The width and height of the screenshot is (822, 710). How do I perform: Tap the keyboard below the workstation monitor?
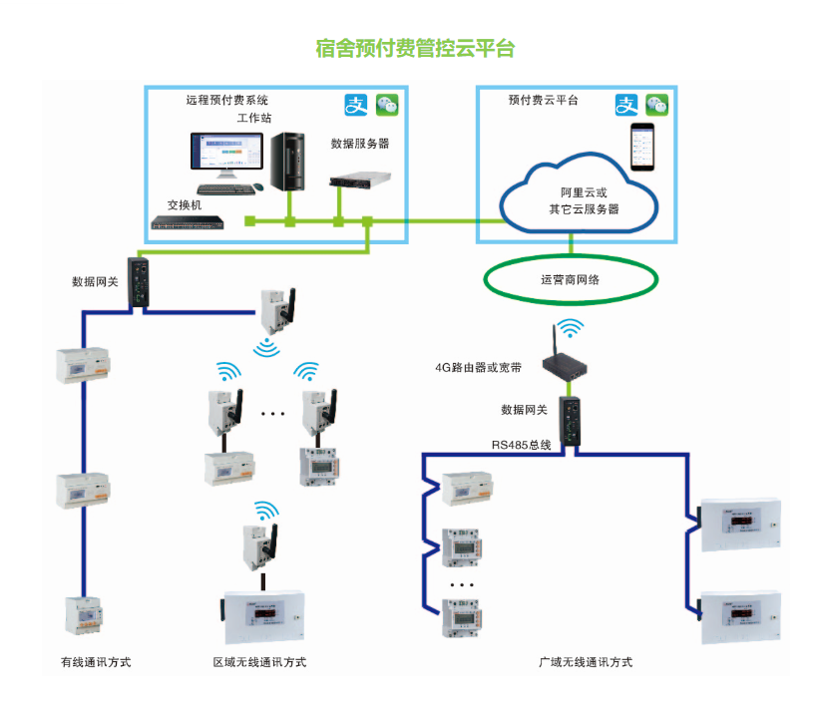pos(224,188)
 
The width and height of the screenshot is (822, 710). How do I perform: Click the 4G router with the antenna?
pos(568,365)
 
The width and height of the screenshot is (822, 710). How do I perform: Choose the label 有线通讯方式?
pos(97,662)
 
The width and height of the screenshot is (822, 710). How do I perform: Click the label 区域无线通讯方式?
pos(259,662)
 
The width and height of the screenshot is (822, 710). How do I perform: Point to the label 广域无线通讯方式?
pos(586,662)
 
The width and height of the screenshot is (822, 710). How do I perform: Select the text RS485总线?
pos(521,445)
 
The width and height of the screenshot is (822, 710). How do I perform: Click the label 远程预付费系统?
pos(227,100)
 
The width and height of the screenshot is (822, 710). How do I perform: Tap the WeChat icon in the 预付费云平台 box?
pos(655,104)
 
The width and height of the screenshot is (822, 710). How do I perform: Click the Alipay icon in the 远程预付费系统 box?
pos(356,104)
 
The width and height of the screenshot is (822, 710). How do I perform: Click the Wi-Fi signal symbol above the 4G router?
pos(569,329)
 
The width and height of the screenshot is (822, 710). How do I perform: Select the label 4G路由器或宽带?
pos(478,367)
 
